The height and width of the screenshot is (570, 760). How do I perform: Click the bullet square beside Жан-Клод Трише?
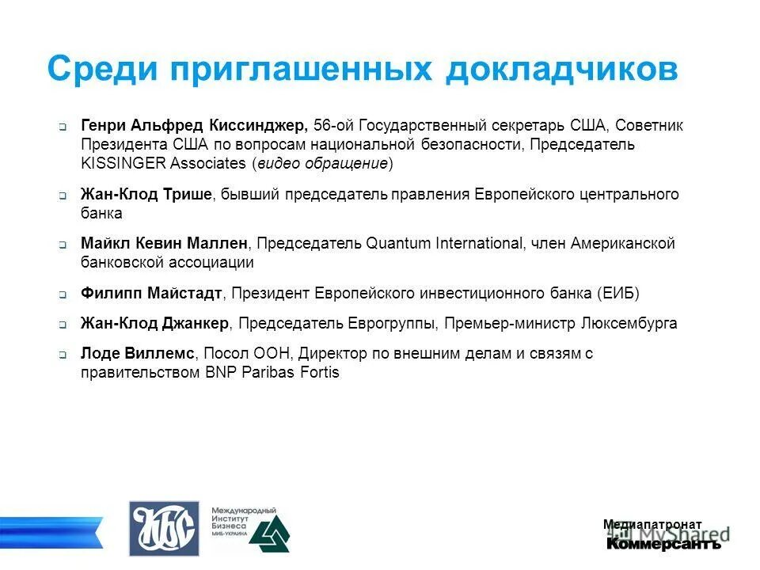[x=63, y=196]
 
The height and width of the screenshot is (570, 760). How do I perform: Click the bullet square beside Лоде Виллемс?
[x=63, y=355]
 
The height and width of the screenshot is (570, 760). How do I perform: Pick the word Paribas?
[x=267, y=372]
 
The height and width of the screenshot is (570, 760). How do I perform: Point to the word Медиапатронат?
[x=652, y=524]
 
